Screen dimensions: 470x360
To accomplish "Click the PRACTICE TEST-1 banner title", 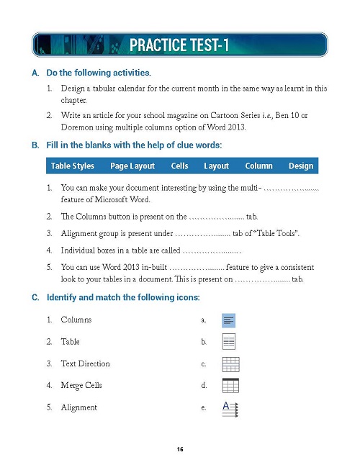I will click(x=179, y=46).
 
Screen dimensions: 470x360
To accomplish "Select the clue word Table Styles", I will click(x=72, y=166).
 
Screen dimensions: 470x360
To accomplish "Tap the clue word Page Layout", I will click(x=132, y=166).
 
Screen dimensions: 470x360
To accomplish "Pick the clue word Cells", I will click(x=180, y=166).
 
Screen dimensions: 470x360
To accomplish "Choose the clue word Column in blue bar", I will click(x=258, y=166).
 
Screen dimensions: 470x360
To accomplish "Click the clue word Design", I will click(x=300, y=166).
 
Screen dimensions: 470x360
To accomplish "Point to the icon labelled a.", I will click(x=228, y=320).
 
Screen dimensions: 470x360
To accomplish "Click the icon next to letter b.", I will click(x=228, y=342).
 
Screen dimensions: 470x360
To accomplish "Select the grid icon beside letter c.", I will click(x=230, y=364).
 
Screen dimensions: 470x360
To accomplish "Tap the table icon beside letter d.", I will click(x=230, y=386).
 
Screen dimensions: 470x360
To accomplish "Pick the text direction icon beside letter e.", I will click(x=230, y=408).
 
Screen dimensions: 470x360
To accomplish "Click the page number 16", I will click(x=180, y=450).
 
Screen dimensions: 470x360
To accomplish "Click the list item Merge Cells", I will click(x=81, y=385).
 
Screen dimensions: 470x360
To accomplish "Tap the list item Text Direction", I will click(x=85, y=363).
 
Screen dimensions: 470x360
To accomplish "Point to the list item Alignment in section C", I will click(x=78, y=407).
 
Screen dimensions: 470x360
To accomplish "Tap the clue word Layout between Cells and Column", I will click(x=216, y=166).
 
